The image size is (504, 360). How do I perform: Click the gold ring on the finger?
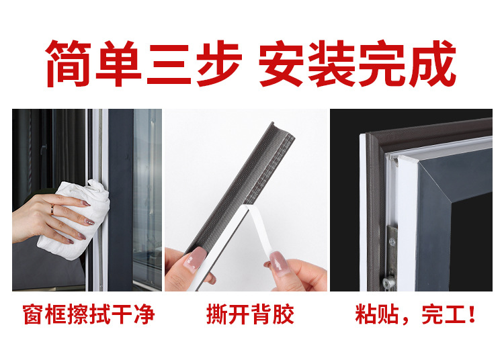[52, 209]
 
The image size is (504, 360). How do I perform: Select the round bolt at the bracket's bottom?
[389, 283]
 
